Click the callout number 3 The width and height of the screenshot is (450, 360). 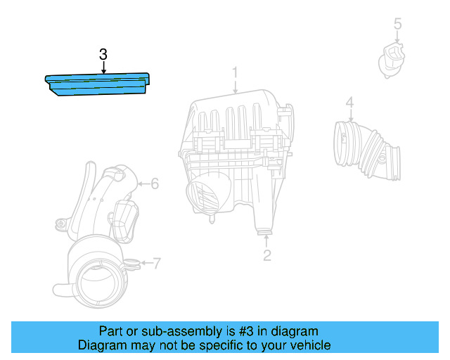103,54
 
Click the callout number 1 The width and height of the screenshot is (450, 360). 236,72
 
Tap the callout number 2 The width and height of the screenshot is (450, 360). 267,255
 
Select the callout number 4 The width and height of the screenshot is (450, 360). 349,103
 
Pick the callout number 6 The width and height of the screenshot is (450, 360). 155,184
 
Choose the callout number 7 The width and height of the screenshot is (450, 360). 156,264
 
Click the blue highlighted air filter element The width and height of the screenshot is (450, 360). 98,84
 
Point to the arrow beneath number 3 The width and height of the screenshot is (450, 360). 103,68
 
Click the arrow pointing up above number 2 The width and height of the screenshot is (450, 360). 267,239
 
